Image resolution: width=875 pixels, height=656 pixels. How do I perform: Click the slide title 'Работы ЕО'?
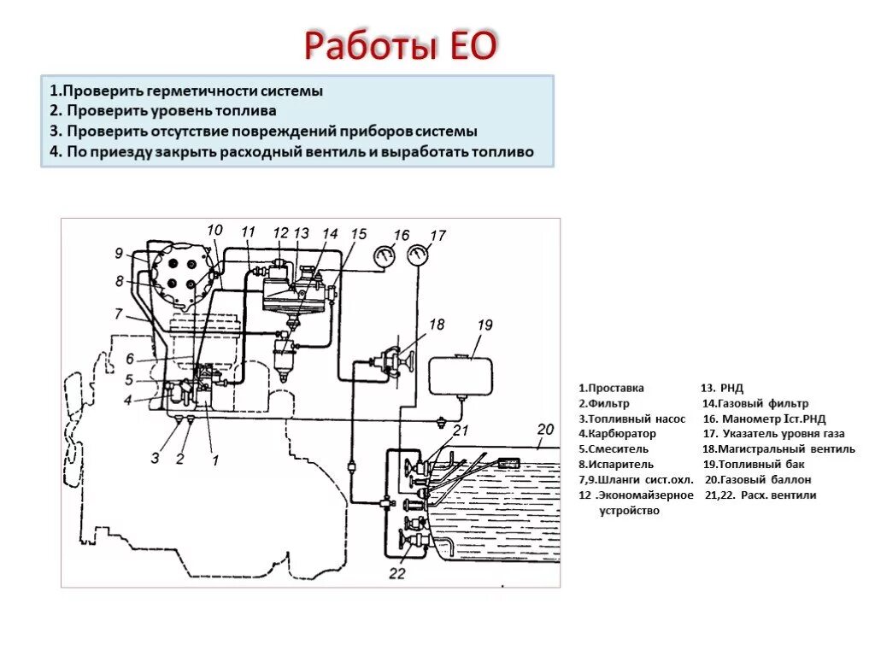point(400,45)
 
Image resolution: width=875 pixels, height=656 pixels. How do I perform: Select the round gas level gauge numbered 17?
point(419,254)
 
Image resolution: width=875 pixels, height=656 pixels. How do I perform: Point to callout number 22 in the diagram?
point(396,573)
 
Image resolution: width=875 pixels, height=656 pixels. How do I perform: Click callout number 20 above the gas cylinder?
point(545,429)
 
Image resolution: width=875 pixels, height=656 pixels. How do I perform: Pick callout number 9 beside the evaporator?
point(119,252)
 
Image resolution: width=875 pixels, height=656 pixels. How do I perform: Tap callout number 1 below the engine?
point(215,460)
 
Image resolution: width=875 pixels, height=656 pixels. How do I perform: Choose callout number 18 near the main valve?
point(437,325)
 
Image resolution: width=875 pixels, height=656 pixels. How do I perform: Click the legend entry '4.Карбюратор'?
point(617,433)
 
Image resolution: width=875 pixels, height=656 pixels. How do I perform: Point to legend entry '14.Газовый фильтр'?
point(755,403)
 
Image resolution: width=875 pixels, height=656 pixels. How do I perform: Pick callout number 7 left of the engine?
point(119,313)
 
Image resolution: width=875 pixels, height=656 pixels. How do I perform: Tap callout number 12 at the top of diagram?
point(280,232)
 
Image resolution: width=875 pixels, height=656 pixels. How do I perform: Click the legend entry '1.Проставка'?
point(611,387)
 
